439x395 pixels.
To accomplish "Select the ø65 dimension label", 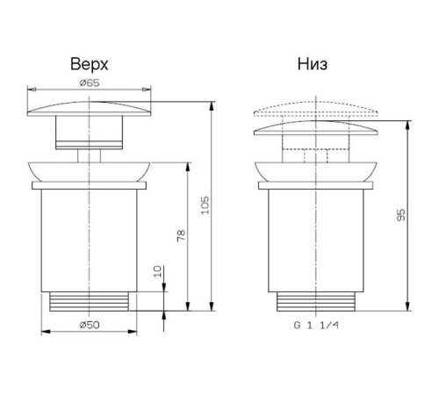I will (x=89, y=83).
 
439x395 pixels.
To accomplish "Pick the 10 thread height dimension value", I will (x=156, y=270).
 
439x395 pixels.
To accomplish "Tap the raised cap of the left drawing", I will (x=89, y=111).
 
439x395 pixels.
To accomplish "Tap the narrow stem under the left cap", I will (x=89, y=153).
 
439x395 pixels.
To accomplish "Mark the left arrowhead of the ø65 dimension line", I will (x=32, y=89).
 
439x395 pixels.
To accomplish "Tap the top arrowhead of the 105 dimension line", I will (x=212, y=105).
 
